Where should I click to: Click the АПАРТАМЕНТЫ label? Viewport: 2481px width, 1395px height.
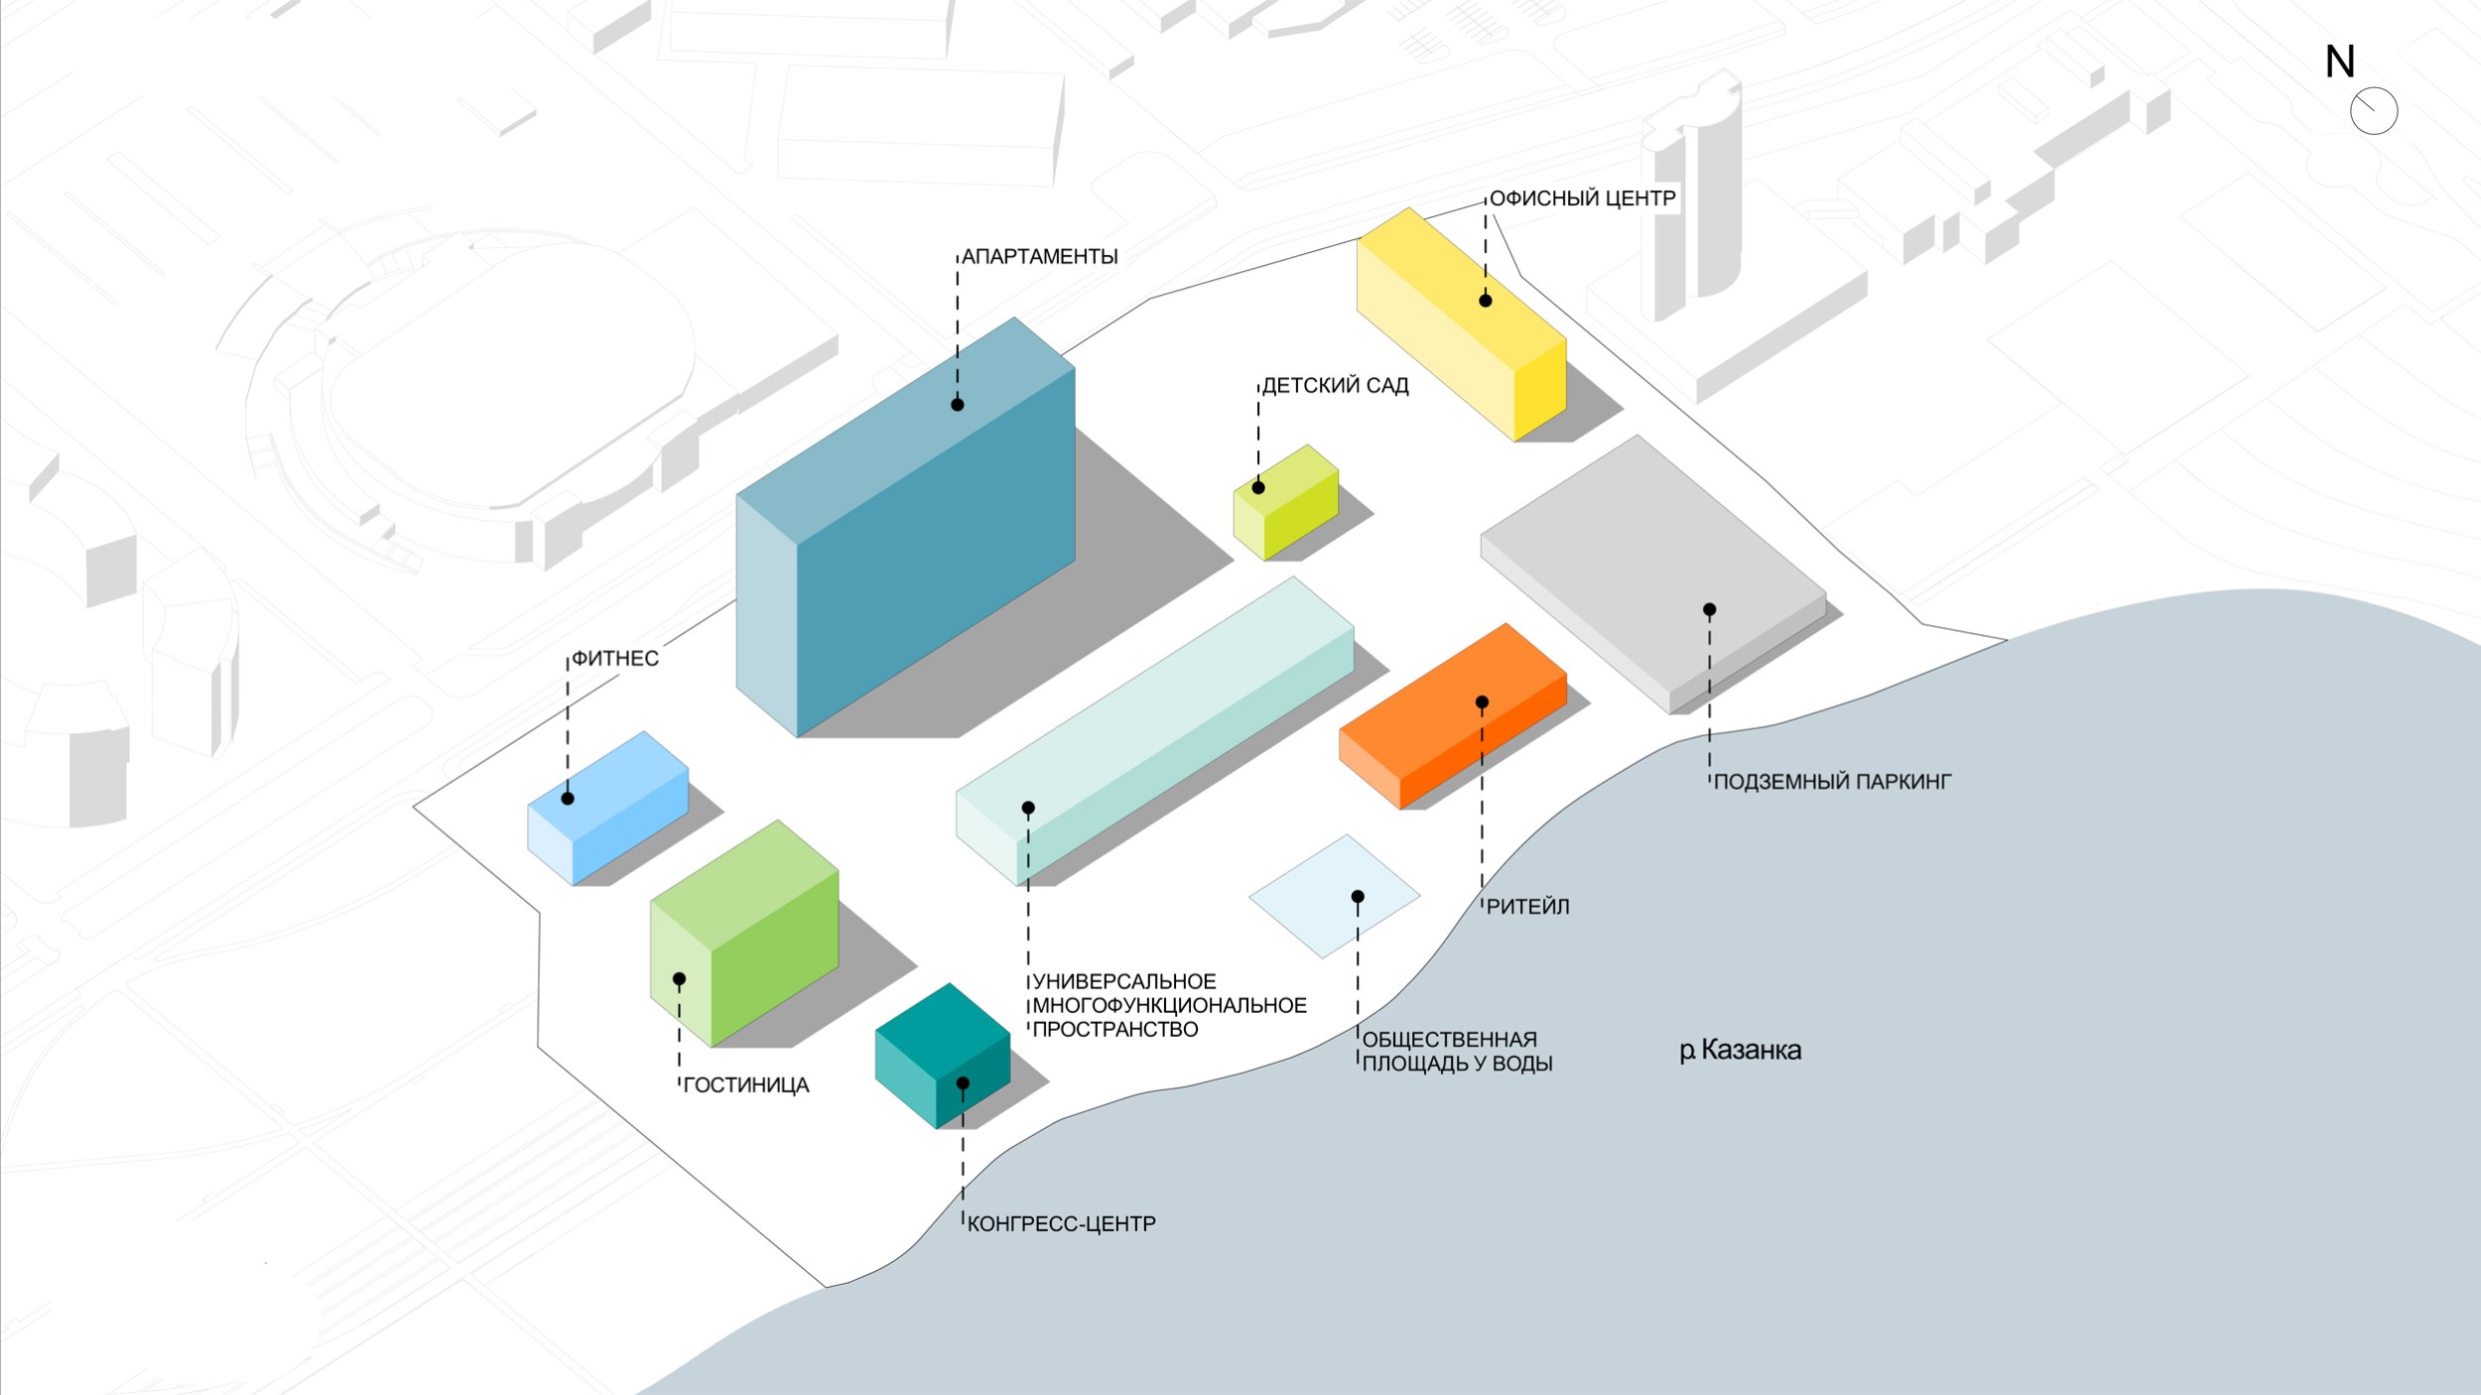tap(1039, 257)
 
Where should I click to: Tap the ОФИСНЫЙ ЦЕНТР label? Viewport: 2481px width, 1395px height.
tap(1582, 198)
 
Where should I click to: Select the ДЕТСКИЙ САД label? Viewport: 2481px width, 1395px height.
tap(1335, 386)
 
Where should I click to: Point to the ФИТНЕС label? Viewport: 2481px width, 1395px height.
tap(615, 659)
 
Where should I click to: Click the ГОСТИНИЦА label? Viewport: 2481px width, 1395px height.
tap(746, 1085)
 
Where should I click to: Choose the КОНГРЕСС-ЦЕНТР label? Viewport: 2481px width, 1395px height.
tap(1061, 1224)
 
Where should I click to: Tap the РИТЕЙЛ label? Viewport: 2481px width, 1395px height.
tap(1527, 907)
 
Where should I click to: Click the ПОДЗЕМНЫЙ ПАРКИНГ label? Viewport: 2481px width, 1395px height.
tap(1832, 782)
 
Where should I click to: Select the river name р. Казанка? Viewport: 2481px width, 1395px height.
tap(1740, 1050)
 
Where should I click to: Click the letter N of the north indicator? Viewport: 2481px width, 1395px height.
tap(2340, 63)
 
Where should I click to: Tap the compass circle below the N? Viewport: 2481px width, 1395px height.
tap(2374, 111)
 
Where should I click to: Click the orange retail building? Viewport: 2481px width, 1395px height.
tap(1454, 714)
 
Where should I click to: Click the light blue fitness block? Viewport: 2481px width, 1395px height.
tap(607, 809)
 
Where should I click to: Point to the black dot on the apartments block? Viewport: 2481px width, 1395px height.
tap(958, 405)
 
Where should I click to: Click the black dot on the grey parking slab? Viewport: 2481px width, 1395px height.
tap(1709, 610)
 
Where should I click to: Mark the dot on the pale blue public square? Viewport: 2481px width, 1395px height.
tap(1358, 897)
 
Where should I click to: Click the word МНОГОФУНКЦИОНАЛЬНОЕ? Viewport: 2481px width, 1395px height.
tap(1170, 1006)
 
